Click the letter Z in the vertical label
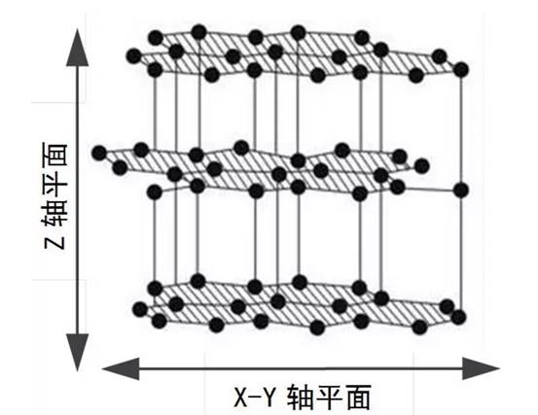pyautogui.click(x=54, y=238)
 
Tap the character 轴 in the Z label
pyautogui.click(x=54, y=212)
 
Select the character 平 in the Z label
pyautogui.click(x=54, y=183)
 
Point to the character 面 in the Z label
pyautogui.click(x=54, y=155)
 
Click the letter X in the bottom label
pyautogui.click(x=242, y=398)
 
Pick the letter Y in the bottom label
pyautogui.click(x=269, y=398)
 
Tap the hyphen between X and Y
pyautogui.click(x=255, y=398)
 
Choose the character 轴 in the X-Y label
pyautogui.click(x=301, y=398)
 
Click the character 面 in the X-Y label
pyautogui.click(x=359, y=398)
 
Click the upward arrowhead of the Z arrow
pyautogui.click(x=77, y=48)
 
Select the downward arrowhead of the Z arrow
pyautogui.click(x=77, y=352)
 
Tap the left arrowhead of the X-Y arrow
pyautogui.click(x=121, y=368)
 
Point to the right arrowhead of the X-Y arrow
pyautogui.click(x=481, y=368)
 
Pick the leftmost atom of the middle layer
pyautogui.click(x=99, y=153)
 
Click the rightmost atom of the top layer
pyautogui.click(x=461, y=70)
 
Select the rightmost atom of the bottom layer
pyautogui.click(x=458, y=318)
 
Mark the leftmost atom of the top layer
pyautogui.click(x=134, y=56)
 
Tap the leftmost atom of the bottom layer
pyautogui.click(x=140, y=309)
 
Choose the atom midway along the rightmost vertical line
pyautogui.click(x=461, y=190)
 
